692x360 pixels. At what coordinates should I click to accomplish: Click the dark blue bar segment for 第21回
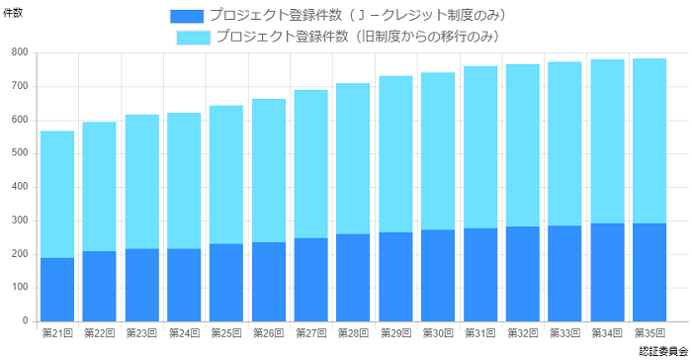pos(57,289)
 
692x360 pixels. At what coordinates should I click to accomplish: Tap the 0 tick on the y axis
pos(25,321)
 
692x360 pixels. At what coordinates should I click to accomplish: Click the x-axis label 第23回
pos(142,333)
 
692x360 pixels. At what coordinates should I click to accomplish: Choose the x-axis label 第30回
pos(438,333)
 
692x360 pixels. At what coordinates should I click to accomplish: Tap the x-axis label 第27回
pos(311,333)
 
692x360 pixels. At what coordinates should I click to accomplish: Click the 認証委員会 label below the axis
pos(662,351)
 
